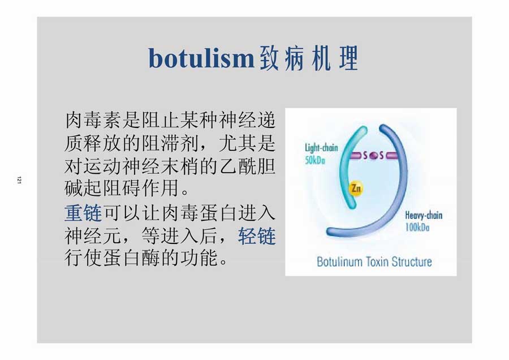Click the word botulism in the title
[201, 58]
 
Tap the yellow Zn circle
[356, 188]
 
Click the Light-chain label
[321, 148]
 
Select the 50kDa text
[315, 160]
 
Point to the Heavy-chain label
[424, 215]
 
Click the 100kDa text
[417, 227]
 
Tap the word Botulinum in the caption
[339, 262]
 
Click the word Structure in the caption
[412, 262]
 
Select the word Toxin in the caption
[377, 262]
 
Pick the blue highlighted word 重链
[83, 213]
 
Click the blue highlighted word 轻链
[257, 236]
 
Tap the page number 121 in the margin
[19, 181]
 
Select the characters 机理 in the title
[335, 58]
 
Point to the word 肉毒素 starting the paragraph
[93, 120]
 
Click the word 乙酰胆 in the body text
[248, 166]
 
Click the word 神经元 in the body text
[93, 236]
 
